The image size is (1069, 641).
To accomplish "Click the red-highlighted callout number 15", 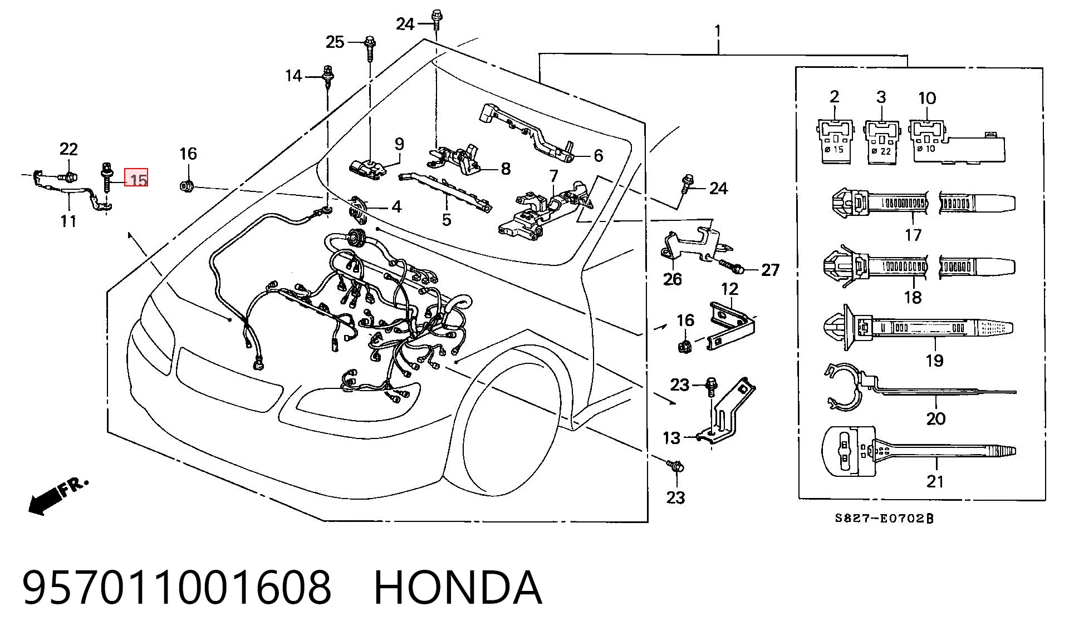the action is [x=136, y=178].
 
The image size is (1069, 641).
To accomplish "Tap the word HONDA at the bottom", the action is [x=458, y=588].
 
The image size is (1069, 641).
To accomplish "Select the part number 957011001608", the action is [x=177, y=588].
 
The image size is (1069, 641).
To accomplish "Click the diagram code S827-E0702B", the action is [x=884, y=518].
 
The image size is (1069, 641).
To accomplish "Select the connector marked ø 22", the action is [x=882, y=141].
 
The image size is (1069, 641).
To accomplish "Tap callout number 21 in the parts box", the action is [x=935, y=481].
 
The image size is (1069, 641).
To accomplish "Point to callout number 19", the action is [x=935, y=360].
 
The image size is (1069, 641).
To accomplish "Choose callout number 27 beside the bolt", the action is [x=771, y=270].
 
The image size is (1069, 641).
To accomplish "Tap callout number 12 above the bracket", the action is [x=729, y=289].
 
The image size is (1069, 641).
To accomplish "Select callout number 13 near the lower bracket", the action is [x=671, y=438].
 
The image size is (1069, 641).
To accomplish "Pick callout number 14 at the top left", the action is [x=293, y=75].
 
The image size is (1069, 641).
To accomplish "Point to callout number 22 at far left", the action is [x=69, y=149].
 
